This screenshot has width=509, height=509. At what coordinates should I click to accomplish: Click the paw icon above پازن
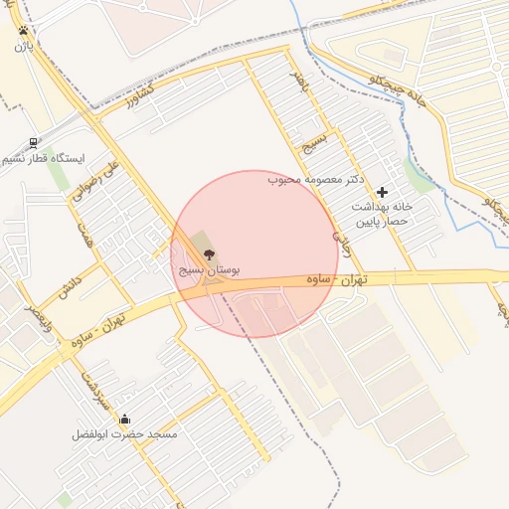[22, 30]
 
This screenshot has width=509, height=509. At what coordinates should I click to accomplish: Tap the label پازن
[22, 46]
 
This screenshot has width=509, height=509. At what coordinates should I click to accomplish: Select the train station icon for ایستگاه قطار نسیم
[35, 143]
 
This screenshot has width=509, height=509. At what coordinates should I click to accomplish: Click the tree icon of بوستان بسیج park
[207, 254]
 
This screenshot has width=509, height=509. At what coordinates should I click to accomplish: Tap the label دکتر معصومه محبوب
[315, 180]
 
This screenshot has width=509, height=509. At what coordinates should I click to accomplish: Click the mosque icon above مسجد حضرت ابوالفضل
[124, 419]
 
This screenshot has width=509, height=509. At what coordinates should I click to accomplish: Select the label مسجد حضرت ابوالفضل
[124, 434]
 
